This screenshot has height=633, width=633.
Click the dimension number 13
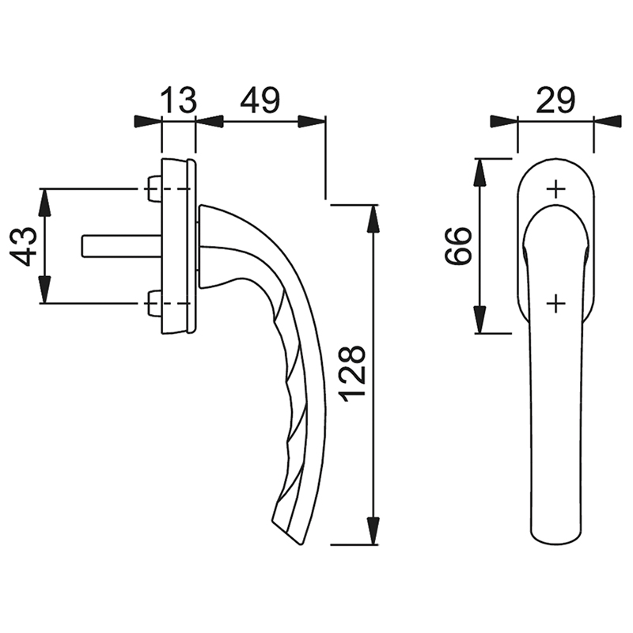tap(179, 100)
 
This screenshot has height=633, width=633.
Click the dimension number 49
tap(260, 100)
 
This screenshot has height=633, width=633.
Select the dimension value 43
tap(23, 246)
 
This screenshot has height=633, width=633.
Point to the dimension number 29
tap(555, 100)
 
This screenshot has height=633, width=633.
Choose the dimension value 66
tap(459, 246)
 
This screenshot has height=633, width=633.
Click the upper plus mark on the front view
tap(556, 189)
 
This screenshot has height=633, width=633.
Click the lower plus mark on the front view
tap(556, 303)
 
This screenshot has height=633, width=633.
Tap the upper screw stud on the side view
tap(154, 188)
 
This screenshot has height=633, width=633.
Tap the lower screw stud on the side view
tap(154, 303)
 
